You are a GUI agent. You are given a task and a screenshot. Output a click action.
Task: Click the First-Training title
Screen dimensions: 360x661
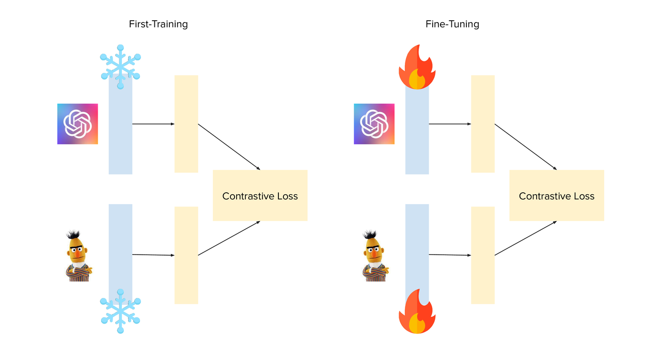point(158,24)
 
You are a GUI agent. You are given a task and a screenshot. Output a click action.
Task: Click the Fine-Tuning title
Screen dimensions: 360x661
point(452,24)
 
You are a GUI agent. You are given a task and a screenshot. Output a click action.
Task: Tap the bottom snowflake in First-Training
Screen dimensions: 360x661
point(120,311)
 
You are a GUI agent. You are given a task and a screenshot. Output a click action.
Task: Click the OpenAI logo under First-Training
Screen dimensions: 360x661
point(77,124)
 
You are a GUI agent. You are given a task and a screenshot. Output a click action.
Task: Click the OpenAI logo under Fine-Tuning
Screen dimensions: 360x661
point(374,124)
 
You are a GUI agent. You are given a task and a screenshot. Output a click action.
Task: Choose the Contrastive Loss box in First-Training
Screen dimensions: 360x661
point(260,196)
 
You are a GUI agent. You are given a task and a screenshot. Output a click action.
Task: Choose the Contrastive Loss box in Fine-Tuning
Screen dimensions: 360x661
point(556,196)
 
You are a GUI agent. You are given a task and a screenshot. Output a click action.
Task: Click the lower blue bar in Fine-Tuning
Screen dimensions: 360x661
point(417,243)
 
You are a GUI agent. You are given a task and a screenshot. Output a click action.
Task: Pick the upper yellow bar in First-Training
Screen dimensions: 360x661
point(186,124)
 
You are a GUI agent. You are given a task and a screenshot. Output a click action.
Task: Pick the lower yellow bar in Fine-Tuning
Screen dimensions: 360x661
point(482,255)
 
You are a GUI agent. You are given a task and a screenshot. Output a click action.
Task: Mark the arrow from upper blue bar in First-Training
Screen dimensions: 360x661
point(153,124)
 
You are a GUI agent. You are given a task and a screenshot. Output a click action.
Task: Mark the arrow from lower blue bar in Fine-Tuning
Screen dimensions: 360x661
point(450,255)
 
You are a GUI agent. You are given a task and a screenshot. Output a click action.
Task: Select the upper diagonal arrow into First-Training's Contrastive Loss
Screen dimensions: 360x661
point(229,147)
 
